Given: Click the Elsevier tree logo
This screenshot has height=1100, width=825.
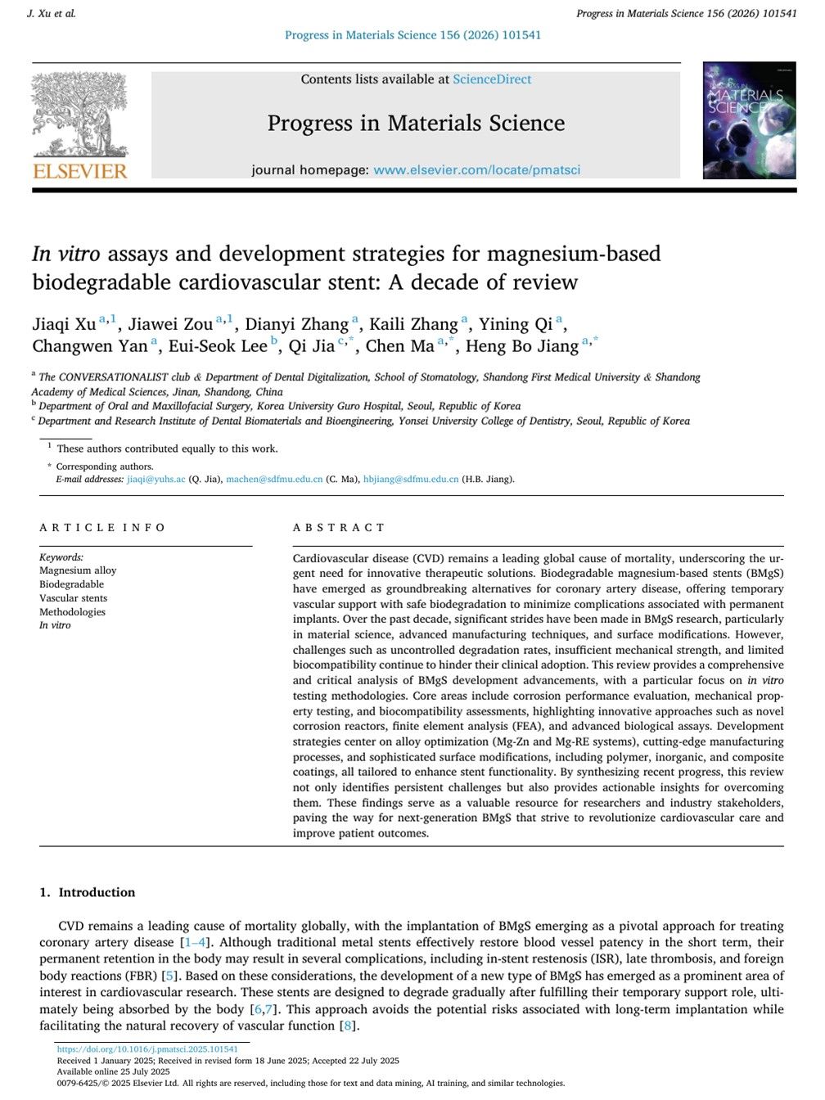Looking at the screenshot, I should (x=79, y=115).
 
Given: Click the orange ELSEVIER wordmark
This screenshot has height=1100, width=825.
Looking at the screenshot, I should (x=80, y=171).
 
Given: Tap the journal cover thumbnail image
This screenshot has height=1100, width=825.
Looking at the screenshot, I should (x=749, y=120).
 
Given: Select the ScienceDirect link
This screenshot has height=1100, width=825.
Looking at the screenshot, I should (x=492, y=79).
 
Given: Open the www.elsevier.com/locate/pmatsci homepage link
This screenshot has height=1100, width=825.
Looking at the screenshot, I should (x=477, y=170).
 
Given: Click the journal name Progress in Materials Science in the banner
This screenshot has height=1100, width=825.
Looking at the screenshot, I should (x=416, y=124).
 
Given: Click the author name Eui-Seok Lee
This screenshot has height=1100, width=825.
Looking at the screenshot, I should (x=218, y=346).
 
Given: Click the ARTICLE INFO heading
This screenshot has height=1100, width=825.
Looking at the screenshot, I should (x=102, y=528).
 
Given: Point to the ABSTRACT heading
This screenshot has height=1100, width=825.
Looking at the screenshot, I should (x=339, y=528).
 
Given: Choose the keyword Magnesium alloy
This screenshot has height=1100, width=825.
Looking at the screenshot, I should (x=78, y=570).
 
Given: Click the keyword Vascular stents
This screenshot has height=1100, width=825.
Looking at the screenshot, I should (x=73, y=598).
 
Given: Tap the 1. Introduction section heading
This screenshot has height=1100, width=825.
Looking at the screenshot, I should (x=88, y=892).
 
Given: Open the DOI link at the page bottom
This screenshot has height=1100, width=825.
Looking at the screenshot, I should (x=147, y=1049).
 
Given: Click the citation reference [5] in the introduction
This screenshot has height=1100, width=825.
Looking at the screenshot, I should (x=170, y=976).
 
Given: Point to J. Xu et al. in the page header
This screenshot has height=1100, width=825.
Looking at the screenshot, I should (x=52, y=14).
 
